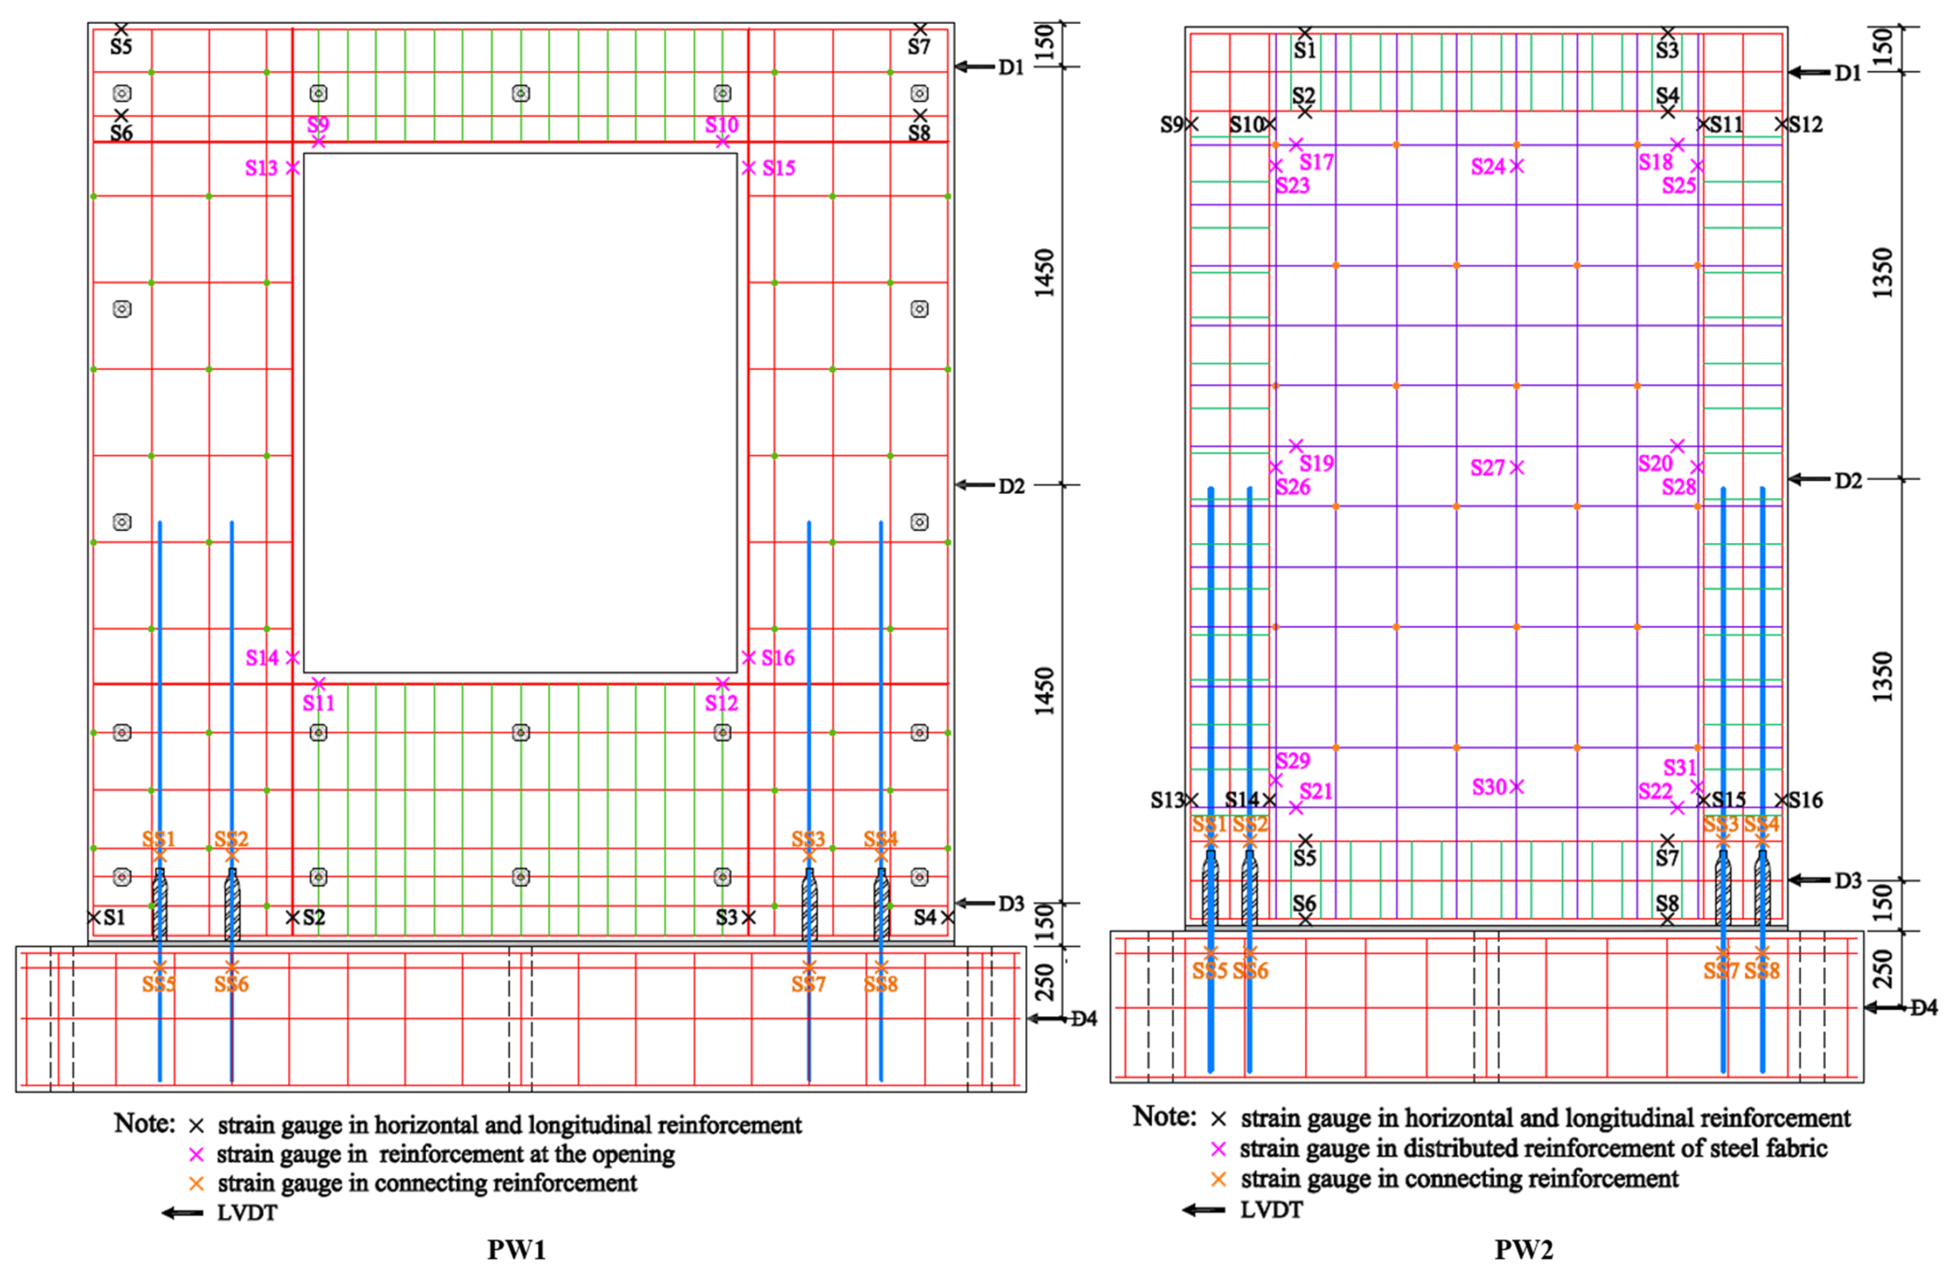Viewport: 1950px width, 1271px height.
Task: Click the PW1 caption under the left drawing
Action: pos(516,1249)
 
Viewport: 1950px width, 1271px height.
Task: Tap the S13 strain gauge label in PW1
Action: pos(261,168)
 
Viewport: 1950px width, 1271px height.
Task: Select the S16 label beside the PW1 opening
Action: pos(778,657)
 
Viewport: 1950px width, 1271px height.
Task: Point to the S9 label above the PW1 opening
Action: pos(318,124)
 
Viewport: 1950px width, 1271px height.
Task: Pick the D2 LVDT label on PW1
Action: pos(1011,486)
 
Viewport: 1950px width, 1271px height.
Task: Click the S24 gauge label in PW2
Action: pos(1488,167)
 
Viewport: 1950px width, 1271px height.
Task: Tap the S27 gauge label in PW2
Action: pos(1487,468)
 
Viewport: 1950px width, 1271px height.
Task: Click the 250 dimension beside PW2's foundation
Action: pos(1883,969)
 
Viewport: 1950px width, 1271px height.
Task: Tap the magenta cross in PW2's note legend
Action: pos(1218,1149)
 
